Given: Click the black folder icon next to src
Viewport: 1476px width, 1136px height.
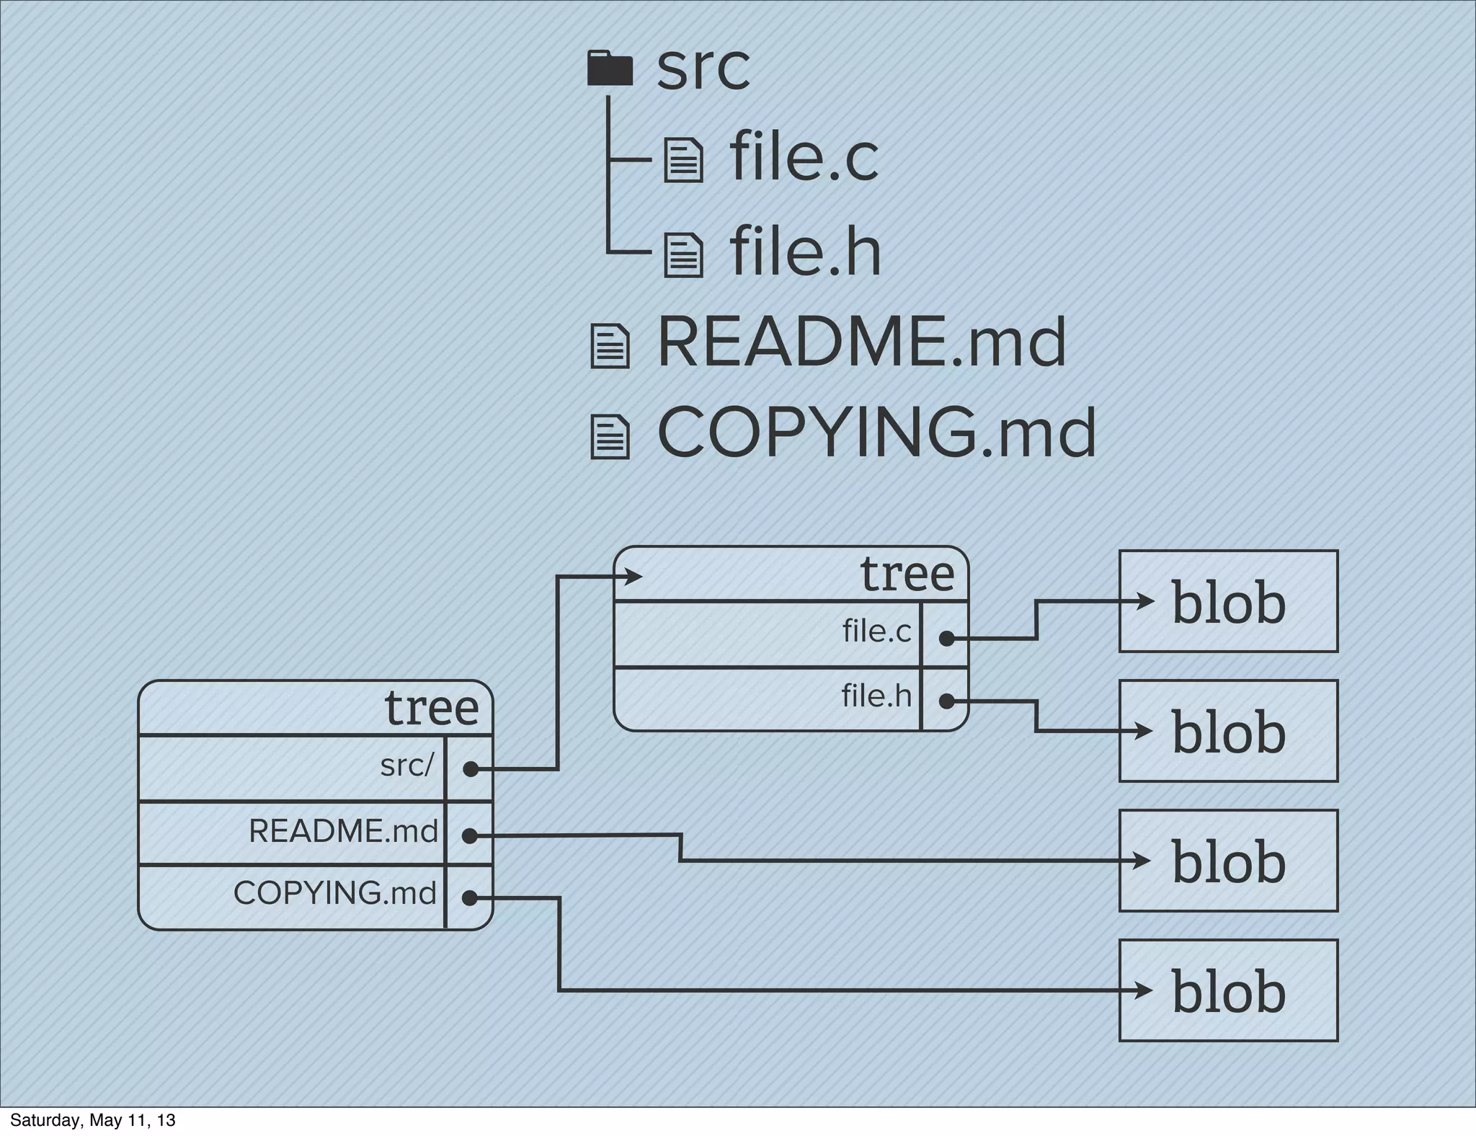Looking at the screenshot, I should [x=610, y=68].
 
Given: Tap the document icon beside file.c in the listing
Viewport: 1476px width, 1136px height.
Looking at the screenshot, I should [x=683, y=160].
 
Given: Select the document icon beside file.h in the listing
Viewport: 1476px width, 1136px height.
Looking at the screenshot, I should [x=683, y=254].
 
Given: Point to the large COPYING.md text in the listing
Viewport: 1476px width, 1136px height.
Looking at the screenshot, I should [x=876, y=432].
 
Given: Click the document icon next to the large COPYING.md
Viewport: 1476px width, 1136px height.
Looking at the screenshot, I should [x=610, y=437].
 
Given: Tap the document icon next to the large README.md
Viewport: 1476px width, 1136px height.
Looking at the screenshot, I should [x=610, y=347].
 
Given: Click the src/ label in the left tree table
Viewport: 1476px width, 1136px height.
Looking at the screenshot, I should [x=407, y=766].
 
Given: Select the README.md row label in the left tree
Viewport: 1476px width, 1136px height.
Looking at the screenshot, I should [x=343, y=831].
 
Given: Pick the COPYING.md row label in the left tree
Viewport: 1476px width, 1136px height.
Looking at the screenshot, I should [x=334, y=893].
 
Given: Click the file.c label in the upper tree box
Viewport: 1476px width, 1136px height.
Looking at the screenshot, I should [x=876, y=631].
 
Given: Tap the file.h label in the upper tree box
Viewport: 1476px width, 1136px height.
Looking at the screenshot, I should [x=876, y=696].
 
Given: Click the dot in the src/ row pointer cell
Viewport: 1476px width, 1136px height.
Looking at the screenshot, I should [x=470, y=769].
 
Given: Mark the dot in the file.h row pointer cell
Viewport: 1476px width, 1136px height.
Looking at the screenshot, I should [x=946, y=701].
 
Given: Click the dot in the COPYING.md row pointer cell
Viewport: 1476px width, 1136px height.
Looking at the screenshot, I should [x=469, y=898].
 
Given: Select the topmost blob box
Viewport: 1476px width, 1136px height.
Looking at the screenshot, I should [x=1228, y=601].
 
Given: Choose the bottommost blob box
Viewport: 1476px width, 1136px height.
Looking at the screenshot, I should [x=1228, y=990].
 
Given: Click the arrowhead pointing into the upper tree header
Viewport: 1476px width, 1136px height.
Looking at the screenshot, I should [x=634, y=577].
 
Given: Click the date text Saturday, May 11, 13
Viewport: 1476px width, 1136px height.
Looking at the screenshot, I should [x=93, y=1120].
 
